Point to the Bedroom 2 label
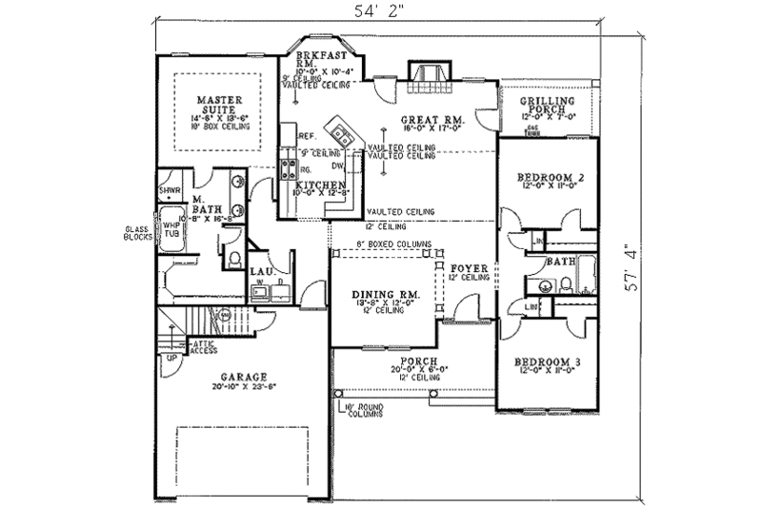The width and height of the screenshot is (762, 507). click(x=549, y=178)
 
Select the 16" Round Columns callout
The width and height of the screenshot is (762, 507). click(x=365, y=412)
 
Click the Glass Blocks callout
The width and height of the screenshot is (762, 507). click(x=136, y=235)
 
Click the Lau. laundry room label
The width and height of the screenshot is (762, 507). click(x=264, y=271)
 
